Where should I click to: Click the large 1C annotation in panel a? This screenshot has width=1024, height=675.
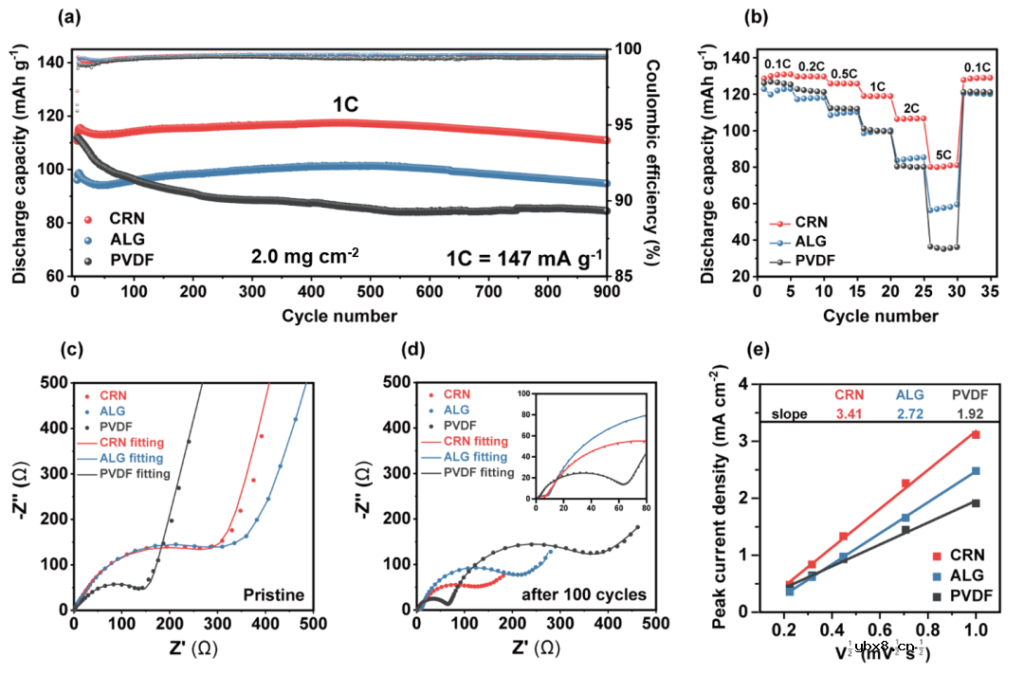[x=344, y=105]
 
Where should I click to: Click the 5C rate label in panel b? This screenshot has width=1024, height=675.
[x=943, y=154]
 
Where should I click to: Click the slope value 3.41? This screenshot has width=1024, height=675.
[x=850, y=413]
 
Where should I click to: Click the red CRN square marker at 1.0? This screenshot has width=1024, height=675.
[x=974, y=434]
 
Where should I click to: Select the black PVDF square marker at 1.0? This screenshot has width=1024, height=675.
[x=974, y=502]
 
